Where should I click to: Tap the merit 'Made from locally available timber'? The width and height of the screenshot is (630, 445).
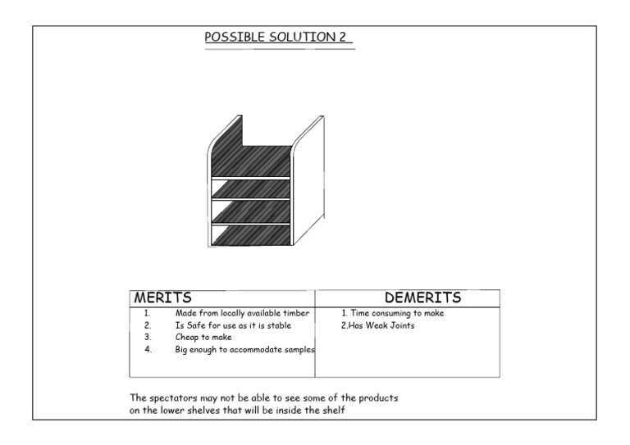click(242, 313)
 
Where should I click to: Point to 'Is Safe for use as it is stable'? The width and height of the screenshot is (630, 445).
click(233, 325)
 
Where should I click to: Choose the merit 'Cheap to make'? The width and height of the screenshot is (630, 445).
click(203, 337)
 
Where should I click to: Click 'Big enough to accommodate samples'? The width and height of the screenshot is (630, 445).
click(244, 349)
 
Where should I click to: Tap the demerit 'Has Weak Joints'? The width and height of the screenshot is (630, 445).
click(378, 325)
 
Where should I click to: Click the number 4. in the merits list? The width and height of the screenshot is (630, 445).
click(148, 349)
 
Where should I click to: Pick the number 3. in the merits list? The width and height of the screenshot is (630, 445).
click(148, 337)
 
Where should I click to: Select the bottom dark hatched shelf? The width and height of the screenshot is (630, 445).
click(251, 235)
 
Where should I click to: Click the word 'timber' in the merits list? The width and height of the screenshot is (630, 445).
click(298, 313)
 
